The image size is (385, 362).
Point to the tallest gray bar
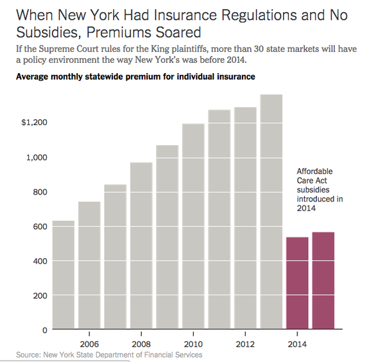point(271,211)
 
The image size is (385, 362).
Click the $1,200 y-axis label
point(35,123)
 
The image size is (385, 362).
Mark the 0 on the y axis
point(45,330)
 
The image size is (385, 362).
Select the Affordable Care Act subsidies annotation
point(319,190)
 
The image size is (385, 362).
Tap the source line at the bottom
point(109,354)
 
